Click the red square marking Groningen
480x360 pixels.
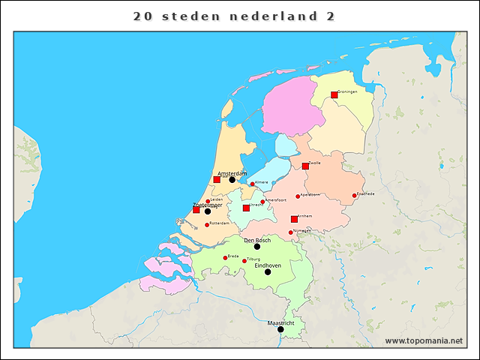click(x=334, y=95)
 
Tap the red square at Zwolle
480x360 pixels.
click(x=305, y=166)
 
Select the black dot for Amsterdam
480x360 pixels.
click(x=232, y=180)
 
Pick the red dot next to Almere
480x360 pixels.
click(x=253, y=184)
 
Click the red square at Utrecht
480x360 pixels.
click(x=246, y=208)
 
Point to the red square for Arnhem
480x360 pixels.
click(x=294, y=219)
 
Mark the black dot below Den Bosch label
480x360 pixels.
click(x=257, y=247)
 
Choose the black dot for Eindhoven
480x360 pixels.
click(x=268, y=271)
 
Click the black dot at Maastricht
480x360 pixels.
click(x=280, y=329)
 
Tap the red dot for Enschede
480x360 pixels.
click(x=355, y=196)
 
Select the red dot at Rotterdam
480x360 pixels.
click(x=207, y=225)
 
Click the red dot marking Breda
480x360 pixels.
click(x=225, y=258)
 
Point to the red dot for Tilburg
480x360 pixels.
click(x=244, y=261)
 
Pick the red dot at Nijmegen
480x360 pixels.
click(x=291, y=232)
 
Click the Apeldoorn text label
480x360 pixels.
click(x=310, y=194)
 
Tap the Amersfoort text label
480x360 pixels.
click(x=276, y=200)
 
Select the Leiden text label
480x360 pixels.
click(x=217, y=199)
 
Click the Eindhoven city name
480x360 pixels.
click(x=268, y=265)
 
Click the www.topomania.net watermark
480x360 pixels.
click(x=424, y=341)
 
